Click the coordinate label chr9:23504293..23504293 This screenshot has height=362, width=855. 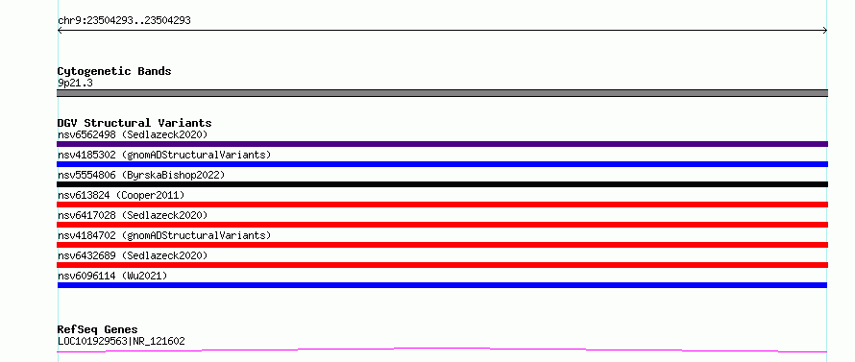[124, 21]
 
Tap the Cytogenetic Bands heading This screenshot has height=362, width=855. [114, 71]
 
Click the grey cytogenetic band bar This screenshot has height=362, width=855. [442, 93]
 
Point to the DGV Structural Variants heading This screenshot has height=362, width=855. [134, 123]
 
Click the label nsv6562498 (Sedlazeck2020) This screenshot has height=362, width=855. [133, 134]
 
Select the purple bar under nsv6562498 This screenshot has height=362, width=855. [442, 144]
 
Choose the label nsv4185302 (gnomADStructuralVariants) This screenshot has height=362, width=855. [164, 155]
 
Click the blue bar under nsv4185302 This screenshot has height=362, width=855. [442, 164]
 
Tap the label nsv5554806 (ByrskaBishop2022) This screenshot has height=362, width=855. [141, 175]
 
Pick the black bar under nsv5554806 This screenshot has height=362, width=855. [442, 184]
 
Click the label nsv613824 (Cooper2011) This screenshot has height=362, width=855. [121, 195]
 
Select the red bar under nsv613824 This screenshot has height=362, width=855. [442, 205]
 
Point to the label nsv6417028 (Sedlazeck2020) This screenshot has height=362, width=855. [133, 215]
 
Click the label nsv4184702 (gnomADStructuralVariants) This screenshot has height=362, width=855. [164, 235]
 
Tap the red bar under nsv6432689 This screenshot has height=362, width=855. [442, 265]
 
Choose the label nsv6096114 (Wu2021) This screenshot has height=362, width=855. [112, 276]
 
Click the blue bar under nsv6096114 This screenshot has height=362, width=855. [442, 285]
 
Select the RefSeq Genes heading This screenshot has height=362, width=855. [98, 330]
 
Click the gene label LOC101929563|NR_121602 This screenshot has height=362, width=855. [121, 341]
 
